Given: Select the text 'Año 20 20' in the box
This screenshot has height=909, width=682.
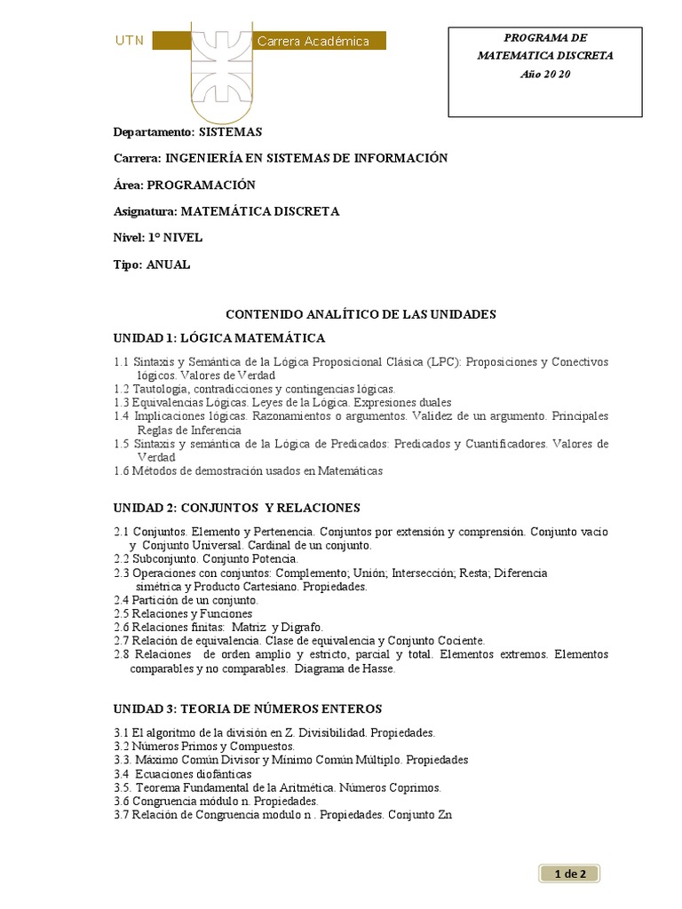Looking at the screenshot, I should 545,74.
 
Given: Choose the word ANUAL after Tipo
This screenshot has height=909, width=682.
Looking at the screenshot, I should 168,265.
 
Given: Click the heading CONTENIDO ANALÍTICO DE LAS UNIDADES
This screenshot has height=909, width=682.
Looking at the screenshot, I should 361,314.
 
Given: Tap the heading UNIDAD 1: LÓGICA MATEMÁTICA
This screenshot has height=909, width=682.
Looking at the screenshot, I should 219,338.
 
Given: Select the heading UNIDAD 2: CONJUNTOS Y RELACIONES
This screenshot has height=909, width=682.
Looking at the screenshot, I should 236,508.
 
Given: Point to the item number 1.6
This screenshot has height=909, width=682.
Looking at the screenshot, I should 122,470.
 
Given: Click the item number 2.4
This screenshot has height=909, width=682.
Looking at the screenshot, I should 122,600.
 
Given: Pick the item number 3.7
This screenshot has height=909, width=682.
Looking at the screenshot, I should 122,814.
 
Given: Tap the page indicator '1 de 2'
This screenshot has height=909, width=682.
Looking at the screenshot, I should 569,874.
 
